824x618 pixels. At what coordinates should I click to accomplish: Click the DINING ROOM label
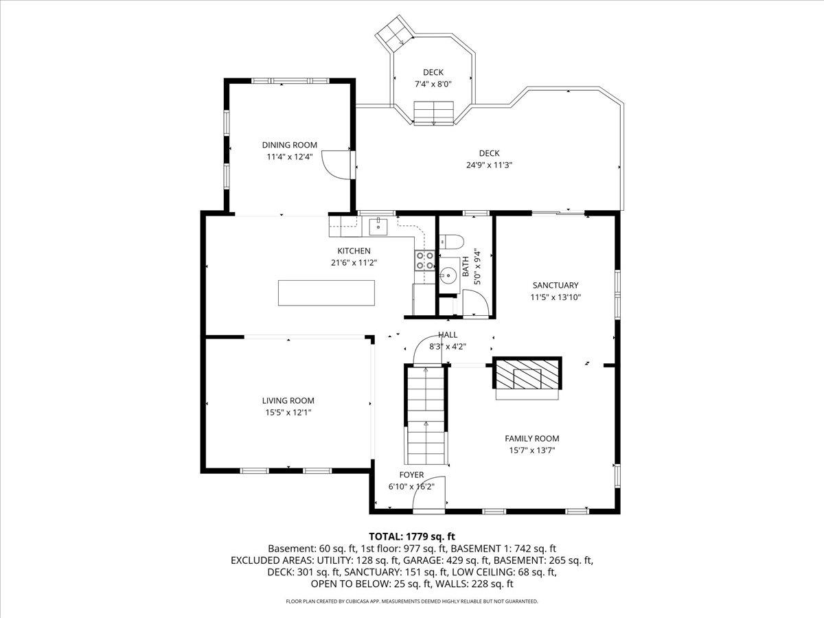coord(289,145)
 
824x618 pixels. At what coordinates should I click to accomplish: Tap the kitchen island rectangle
coord(326,293)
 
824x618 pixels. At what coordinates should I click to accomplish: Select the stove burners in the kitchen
coord(424,260)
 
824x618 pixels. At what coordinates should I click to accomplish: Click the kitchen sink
coord(378,225)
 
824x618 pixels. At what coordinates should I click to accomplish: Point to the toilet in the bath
coord(451,240)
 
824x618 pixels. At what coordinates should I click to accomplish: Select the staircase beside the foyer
coord(426,415)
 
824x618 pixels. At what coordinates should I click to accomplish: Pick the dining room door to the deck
coord(339,165)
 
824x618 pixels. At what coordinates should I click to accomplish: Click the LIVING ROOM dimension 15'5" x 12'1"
coord(288,413)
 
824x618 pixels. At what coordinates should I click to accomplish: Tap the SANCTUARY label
coord(556,286)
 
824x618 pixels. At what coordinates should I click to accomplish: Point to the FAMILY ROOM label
coord(531,439)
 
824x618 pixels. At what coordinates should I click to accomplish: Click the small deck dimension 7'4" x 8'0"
coord(433,84)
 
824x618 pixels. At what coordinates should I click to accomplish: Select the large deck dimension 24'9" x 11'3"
coord(489,165)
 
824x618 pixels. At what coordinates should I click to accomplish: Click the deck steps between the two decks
coord(434,113)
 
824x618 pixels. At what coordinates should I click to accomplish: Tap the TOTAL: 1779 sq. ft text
coord(412,536)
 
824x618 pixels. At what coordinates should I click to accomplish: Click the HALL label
coord(448,335)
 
